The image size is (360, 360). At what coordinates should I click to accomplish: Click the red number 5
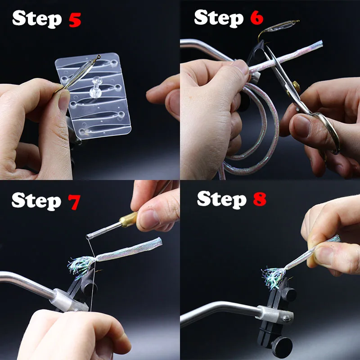[x=75, y=20]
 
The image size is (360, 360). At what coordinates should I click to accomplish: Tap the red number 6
[x=256, y=18]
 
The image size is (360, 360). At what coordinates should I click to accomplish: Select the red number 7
[x=74, y=202]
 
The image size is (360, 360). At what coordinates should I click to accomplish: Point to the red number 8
[x=260, y=199]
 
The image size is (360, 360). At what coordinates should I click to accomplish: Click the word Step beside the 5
[x=37, y=19]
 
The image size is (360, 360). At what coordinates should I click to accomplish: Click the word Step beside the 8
[x=222, y=200]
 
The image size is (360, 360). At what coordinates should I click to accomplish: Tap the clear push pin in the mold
[x=96, y=87]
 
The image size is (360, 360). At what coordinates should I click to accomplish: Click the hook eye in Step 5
[x=99, y=57]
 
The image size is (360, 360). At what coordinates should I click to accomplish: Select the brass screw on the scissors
[x=296, y=86]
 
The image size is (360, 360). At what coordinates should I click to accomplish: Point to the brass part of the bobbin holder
[x=128, y=220]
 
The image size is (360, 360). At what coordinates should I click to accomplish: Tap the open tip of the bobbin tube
[x=88, y=237]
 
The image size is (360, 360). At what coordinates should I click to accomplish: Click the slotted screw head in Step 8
[x=286, y=318]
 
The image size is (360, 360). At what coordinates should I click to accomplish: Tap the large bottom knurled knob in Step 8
[x=282, y=346]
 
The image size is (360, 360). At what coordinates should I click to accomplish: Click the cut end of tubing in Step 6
[x=320, y=44]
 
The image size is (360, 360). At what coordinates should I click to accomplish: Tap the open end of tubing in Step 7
[x=160, y=242]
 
